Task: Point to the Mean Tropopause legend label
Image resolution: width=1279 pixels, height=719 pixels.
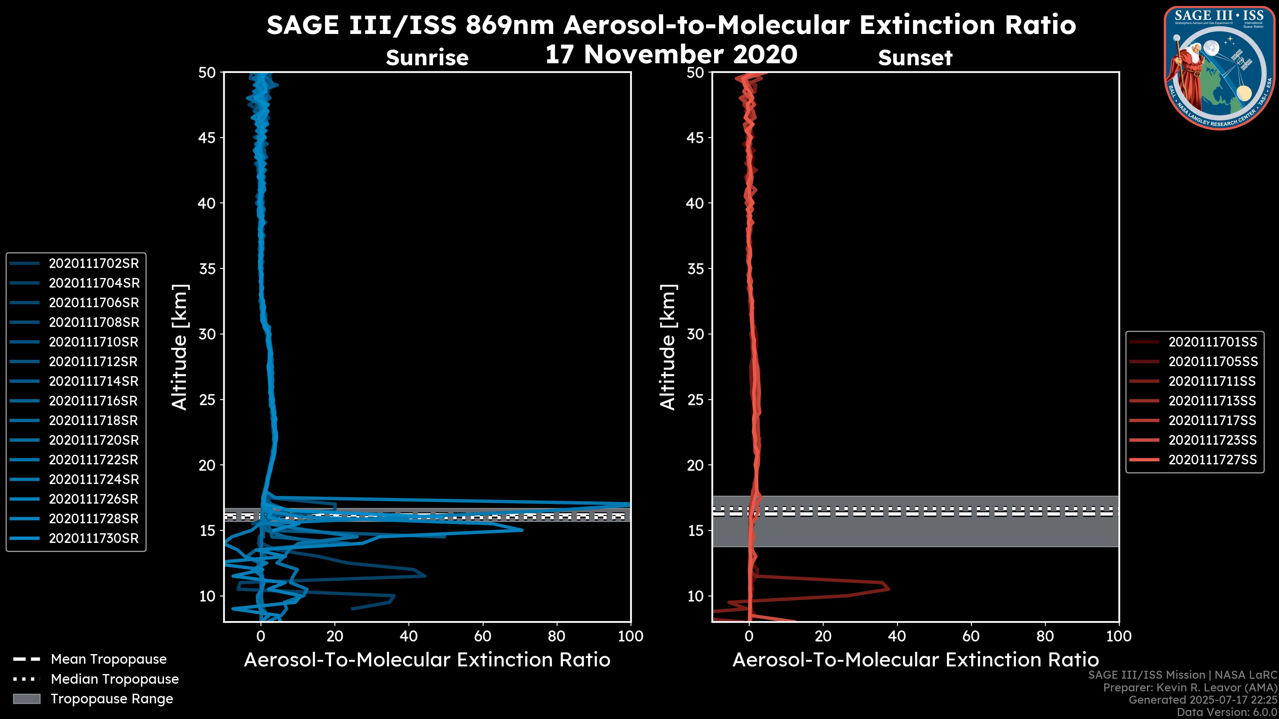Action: [x=109, y=659]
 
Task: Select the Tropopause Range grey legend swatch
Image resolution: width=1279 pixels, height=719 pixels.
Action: [x=27, y=699]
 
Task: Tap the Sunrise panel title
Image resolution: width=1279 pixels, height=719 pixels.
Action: [x=427, y=58]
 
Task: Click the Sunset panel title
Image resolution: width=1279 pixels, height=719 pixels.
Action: [x=915, y=58]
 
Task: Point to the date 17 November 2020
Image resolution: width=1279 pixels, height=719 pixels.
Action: [x=671, y=55]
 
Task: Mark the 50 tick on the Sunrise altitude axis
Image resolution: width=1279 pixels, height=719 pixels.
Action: [x=208, y=73]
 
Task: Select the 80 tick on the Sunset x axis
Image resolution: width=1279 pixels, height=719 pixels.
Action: [x=1045, y=636]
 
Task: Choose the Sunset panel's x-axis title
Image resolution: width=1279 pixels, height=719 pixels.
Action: [x=915, y=660]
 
